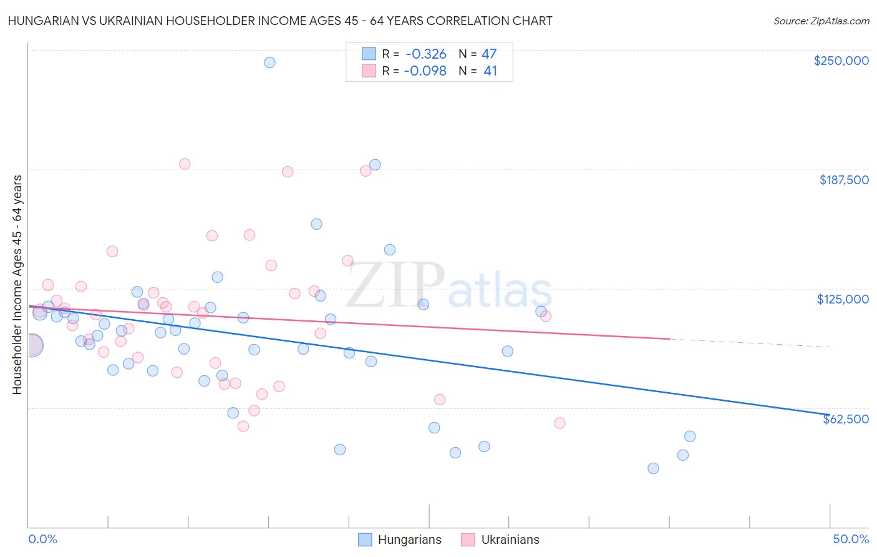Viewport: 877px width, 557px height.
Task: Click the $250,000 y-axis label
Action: pyautogui.click(x=841, y=61)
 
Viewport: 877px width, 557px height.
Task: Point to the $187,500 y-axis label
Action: pyautogui.click(x=843, y=180)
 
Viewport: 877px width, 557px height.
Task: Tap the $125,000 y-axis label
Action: pyautogui.click(x=843, y=299)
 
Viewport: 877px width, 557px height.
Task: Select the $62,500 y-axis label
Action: pyautogui.click(x=845, y=419)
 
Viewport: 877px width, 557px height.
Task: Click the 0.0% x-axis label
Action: pyautogui.click(x=42, y=539)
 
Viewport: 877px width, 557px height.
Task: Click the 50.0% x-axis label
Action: pyautogui.click(x=850, y=539)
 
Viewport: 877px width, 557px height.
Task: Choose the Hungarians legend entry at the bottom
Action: pyautogui.click(x=400, y=540)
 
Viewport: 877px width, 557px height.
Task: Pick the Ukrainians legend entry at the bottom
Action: pyautogui.click(x=500, y=540)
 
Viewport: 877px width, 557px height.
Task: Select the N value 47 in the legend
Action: pyautogui.click(x=489, y=54)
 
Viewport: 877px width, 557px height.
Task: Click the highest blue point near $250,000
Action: pyautogui.click(x=269, y=62)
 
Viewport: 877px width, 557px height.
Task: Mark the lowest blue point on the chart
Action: pyautogui.click(x=653, y=468)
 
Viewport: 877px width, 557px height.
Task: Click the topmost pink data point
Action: pyautogui.click(x=185, y=164)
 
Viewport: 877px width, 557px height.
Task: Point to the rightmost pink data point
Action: pyautogui.click(x=560, y=423)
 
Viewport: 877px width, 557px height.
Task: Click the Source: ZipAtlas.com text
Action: pyautogui.click(x=821, y=21)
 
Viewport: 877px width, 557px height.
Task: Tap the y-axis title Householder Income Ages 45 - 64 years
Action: pyautogui.click(x=17, y=285)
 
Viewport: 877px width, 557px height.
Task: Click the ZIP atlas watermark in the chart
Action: pyautogui.click(x=449, y=285)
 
